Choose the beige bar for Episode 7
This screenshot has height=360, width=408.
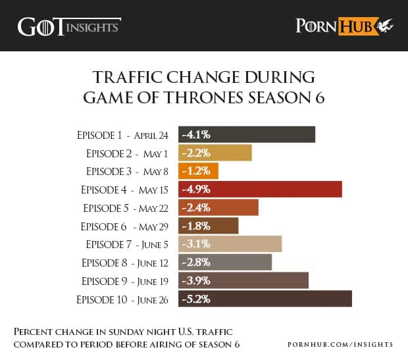pos(243,244)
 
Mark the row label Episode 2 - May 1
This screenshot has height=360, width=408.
pos(128,153)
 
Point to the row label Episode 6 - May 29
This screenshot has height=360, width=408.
pos(124,226)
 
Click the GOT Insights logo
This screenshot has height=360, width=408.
pos(68,26)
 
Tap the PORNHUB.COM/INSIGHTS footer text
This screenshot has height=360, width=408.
pos(340,344)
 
